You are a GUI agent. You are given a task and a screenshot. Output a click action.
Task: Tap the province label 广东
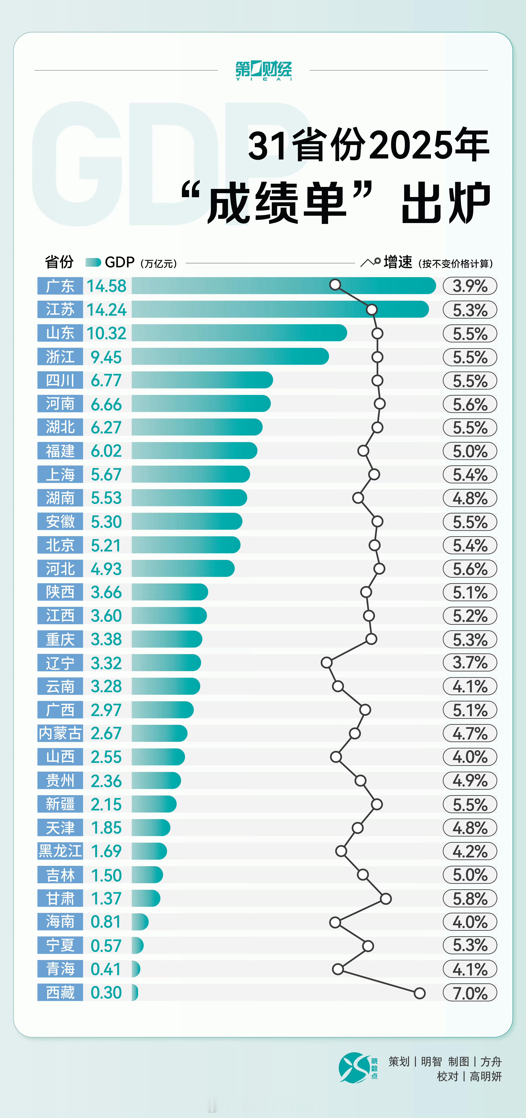(60, 286)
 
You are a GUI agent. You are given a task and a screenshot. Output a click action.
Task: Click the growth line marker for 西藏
(419, 993)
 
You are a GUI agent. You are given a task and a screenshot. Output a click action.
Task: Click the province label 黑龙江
(60, 851)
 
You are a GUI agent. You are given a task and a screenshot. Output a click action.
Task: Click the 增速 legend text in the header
(397, 262)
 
